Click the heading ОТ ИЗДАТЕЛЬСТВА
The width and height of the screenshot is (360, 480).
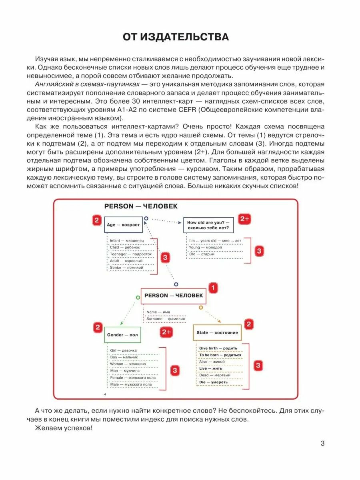pyautogui.click(x=176, y=37)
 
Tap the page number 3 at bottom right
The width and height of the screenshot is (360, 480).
pyautogui.click(x=323, y=443)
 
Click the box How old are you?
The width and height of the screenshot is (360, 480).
pyautogui.click(x=208, y=225)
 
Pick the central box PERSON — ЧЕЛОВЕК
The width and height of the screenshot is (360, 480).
pyautogui.click(x=173, y=296)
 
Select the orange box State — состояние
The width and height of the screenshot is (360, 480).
pyautogui.click(x=217, y=332)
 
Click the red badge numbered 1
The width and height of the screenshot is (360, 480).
pyautogui.click(x=213, y=288)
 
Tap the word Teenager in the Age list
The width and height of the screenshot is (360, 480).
pyautogui.click(x=119, y=254)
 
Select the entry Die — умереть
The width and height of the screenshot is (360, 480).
pyautogui.click(x=213, y=382)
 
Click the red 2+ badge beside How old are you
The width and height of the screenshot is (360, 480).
pyautogui.click(x=244, y=219)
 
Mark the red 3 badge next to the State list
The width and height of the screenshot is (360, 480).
pyautogui.click(x=258, y=365)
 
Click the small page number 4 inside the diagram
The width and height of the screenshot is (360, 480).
pyautogui.click(x=104, y=395)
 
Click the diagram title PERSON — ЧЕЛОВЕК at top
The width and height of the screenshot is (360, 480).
pyautogui.click(x=141, y=206)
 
